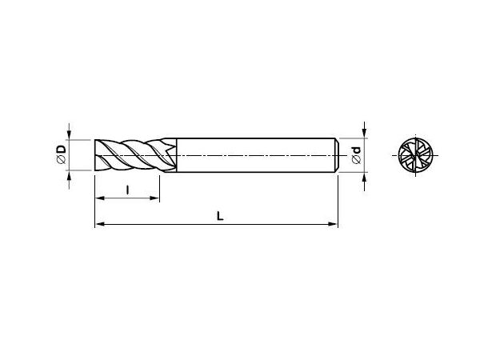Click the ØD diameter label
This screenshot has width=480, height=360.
pyautogui.click(x=62, y=154)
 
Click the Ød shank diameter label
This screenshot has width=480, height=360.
pyautogui.click(x=357, y=155)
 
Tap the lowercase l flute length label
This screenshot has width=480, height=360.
pyautogui.click(x=128, y=190)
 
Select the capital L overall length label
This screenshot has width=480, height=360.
pyautogui.click(x=220, y=216)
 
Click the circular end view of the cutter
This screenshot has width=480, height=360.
pyautogui.click(x=415, y=155)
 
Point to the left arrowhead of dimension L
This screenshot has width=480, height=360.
pyautogui.click(x=100, y=224)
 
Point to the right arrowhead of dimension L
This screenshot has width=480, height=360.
pyautogui.click(x=333, y=224)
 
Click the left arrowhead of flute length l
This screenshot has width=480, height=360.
pyautogui.click(x=100, y=198)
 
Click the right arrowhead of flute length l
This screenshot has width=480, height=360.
pyautogui.click(x=154, y=198)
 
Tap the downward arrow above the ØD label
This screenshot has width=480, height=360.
pyautogui.click(x=69, y=132)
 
